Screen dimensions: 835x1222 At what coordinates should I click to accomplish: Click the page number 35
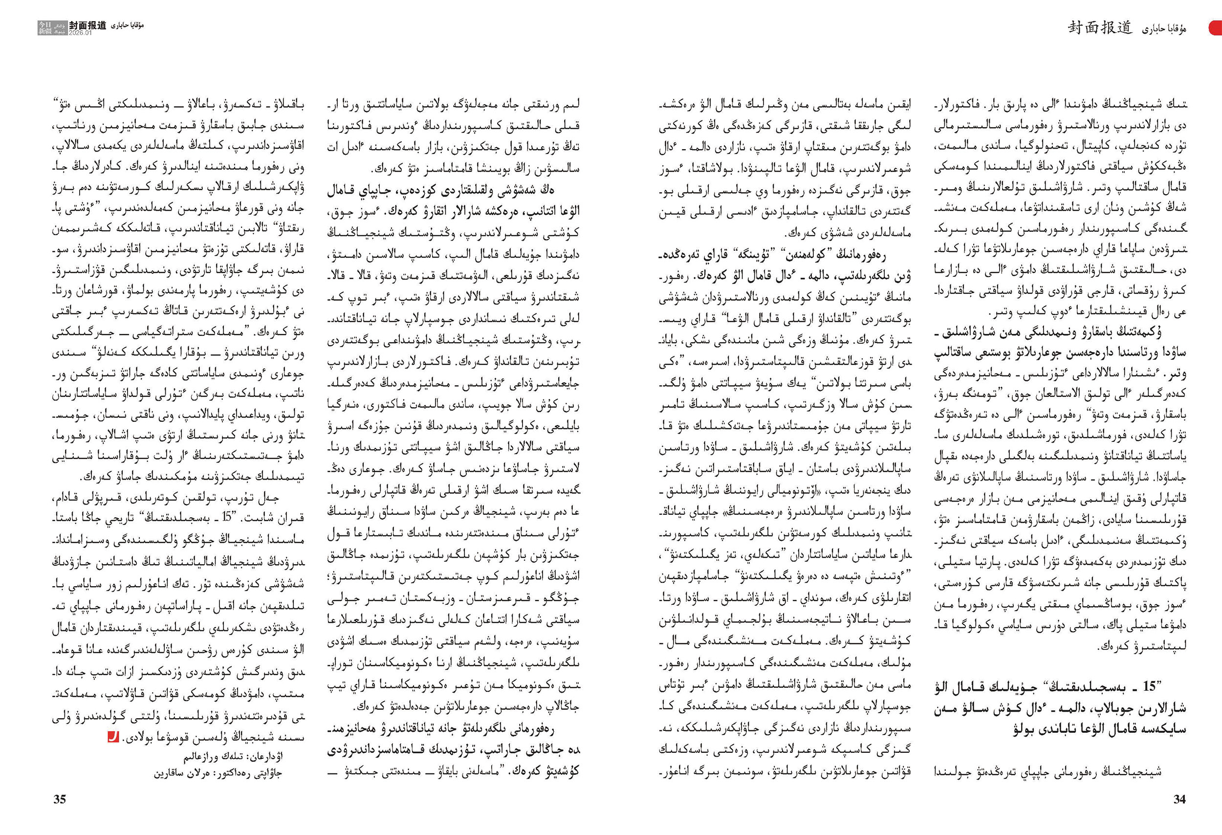click(x=60, y=799)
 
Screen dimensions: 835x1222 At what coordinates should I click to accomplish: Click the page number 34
click(x=1179, y=799)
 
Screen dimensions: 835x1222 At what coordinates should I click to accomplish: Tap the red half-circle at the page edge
click(x=1216, y=28)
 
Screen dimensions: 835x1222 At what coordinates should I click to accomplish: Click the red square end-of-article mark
click(x=112, y=737)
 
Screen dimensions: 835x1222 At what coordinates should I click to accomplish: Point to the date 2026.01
click(x=80, y=33)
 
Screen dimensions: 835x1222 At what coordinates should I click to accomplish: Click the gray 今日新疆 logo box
click(x=52, y=28)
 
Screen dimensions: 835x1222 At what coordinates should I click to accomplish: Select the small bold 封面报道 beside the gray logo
click(x=87, y=25)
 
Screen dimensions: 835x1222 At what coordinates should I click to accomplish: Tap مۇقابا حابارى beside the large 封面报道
click(x=1164, y=29)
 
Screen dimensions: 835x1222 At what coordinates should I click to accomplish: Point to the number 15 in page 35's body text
click(x=227, y=517)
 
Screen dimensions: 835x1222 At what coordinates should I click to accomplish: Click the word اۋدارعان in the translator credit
click(x=266, y=756)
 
